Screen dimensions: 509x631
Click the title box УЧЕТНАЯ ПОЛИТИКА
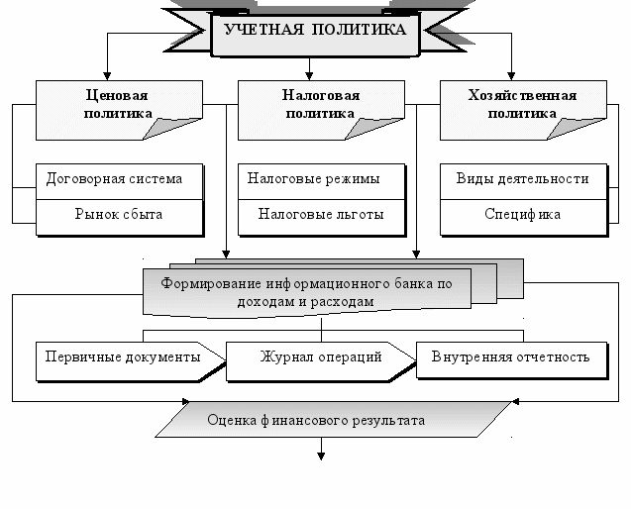(315, 31)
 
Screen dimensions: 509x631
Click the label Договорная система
(115, 179)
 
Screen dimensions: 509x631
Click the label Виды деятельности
(522, 179)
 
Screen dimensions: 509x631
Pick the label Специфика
(522, 214)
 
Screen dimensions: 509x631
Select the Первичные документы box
(119, 357)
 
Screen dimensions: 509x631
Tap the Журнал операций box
(320, 357)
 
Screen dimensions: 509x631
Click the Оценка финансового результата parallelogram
(316, 421)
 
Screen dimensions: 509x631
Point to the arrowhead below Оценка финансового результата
(321, 456)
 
